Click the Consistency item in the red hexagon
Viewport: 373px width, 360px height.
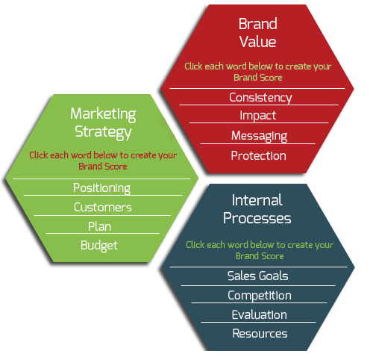pyautogui.click(x=260, y=98)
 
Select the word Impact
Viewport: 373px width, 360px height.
pyautogui.click(x=258, y=116)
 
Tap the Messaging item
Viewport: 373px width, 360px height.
pyautogui.click(x=259, y=136)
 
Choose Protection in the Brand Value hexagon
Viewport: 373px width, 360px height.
pyautogui.click(x=258, y=156)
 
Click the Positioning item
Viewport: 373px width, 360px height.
pyautogui.click(x=101, y=188)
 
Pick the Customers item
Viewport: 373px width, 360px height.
pyautogui.click(x=103, y=208)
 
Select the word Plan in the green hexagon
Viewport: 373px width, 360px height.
pyautogui.click(x=99, y=226)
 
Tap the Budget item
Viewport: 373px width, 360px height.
pyautogui.click(x=99, y=246)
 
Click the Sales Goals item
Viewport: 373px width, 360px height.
pyautogui.click(x=258, y=276)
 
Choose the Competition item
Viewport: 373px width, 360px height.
pyautogui.click(x=260, y=296)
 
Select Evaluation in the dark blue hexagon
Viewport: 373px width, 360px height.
pyautogui.click(x=260, y=314)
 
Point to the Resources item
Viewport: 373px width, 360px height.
pyautogui.click(x=260, y=334)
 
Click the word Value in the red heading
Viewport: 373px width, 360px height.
pyautogui.click(x=258, y=42)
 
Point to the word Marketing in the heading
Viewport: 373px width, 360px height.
pyautogui.click(x=103, y=114)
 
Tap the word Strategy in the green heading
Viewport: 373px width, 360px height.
pyautogui.click(x=103, y=132)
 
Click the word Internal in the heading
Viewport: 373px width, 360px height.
pyautogui.click(x=257, y=200)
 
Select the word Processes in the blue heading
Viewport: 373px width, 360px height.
pyautogui.click(x=257, y=218)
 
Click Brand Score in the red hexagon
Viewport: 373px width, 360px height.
pyautogui.click(x=258, y=78)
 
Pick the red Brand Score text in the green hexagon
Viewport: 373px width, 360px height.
pyautogui.click(x=103, y=167)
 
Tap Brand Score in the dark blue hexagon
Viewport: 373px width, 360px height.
pyautogui.click(x=260, y=256)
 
